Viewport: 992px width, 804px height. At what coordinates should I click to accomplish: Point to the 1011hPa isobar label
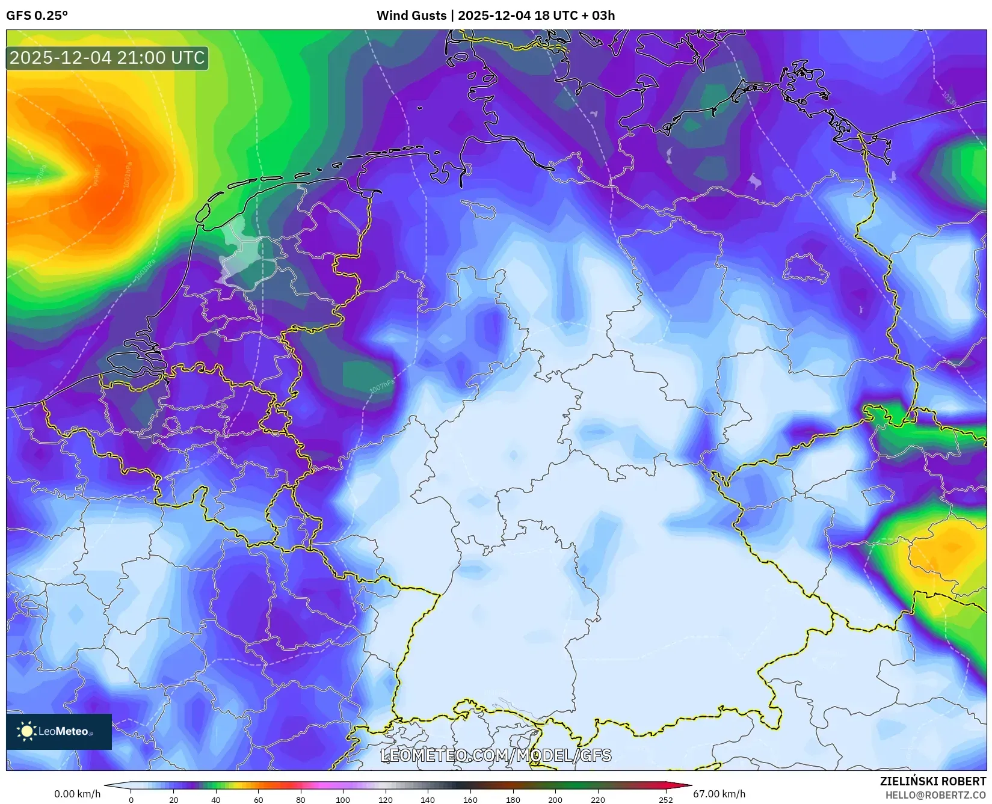pyautogui.click(x=848, y=244)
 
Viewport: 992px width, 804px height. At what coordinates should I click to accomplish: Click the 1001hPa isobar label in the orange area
pyautogui.click(x=127, y=175)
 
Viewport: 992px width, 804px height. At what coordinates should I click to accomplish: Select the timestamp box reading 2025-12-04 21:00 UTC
pyautogui.click(x=107, y=58)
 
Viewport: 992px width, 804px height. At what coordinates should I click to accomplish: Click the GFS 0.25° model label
pyautogui.click(x=37, y=16)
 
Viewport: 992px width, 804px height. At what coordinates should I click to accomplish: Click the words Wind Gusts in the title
pyautogui.click(x=411, y=16)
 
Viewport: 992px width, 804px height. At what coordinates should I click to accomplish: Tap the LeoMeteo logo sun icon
pyautogui.click(x=26, y=731)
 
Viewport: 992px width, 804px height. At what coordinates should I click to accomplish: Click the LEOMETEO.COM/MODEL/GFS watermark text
pyautogui.click(x=496, y=755)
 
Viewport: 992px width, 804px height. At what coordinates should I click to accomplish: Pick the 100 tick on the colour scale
pyautogui.click(x=343, y=799)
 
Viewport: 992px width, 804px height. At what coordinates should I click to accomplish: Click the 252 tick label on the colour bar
pyautogui.click(x=665, y=799)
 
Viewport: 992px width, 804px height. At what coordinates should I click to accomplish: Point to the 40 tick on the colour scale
pyautogui.click(x=215, y=799)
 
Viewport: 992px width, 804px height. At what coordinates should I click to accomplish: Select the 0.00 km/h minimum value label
pyautogui.click(x=77, y=794)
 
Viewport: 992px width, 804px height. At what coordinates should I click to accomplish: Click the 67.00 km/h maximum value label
pyautogui.click(x=719, y=794)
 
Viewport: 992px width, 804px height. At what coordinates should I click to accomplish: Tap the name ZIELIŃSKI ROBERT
pyautogui.click(x=933, y=781)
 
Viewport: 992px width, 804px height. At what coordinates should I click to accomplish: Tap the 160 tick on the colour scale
pyautogui.click(x=470, y=799)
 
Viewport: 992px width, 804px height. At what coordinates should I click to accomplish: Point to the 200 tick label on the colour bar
pyautogui.click(x=555, y=799)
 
